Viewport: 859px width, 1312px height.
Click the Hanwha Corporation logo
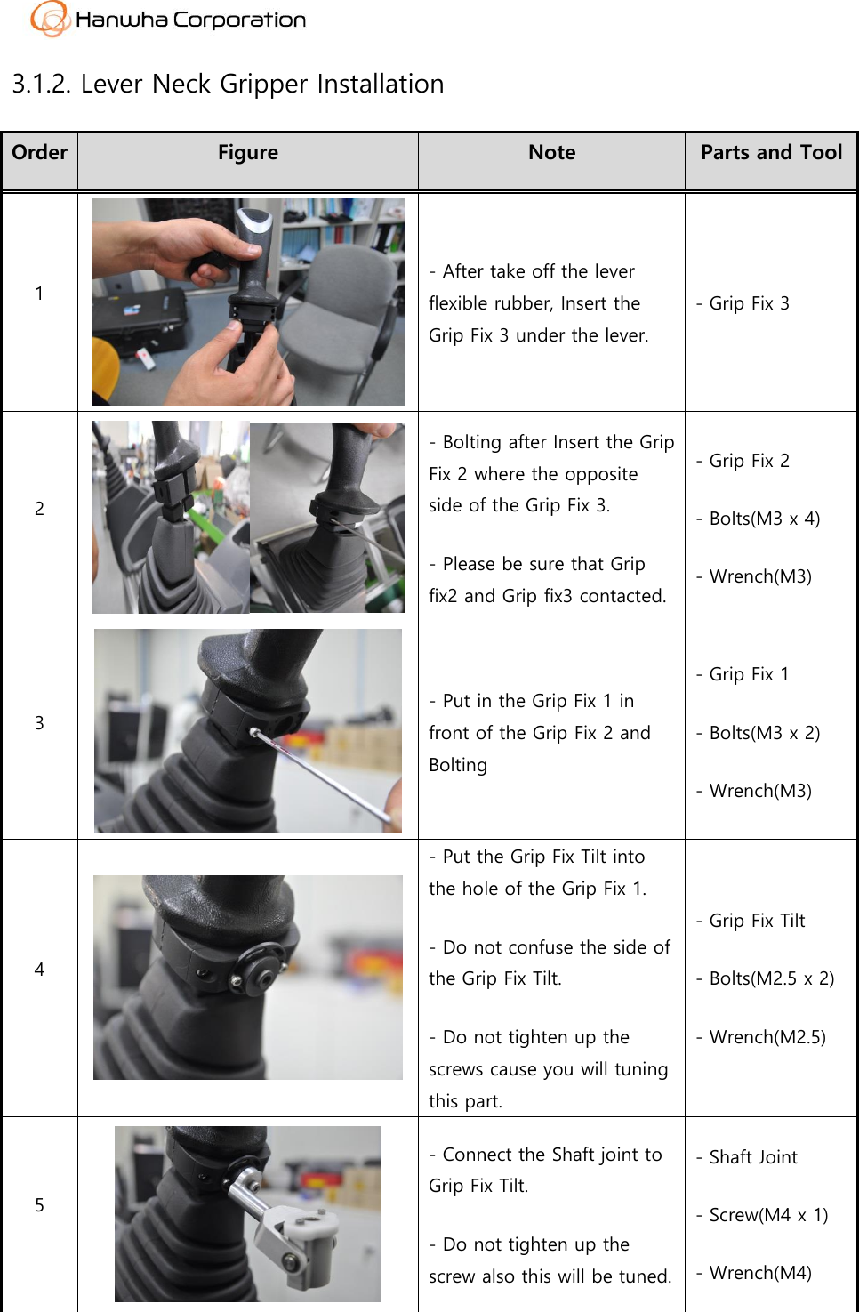(168, 20)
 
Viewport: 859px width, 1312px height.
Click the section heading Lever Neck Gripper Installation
(228, 84)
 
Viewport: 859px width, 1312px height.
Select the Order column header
(39, 153)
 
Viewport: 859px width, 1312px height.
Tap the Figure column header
(247, 153)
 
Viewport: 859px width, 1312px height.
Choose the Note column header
(551, 153)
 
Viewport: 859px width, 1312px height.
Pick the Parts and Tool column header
(770, 153)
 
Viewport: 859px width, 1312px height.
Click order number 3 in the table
(39, 723)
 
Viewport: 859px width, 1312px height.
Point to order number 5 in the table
(39, 1205)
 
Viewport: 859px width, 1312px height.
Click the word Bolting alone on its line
(458, 765)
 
